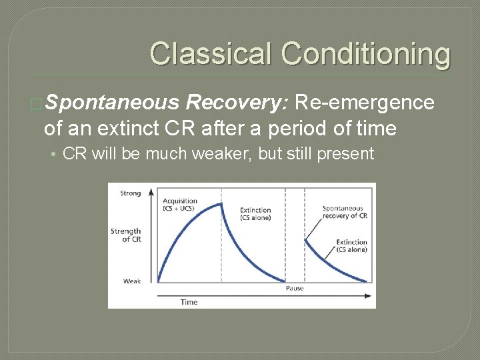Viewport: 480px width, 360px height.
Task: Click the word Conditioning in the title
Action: [x=365, y=53]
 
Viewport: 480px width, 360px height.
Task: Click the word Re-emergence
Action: [x=364, y=103]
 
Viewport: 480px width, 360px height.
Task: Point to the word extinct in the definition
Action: [x=136, y=128]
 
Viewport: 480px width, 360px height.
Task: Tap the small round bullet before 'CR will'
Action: [x=53, y=154]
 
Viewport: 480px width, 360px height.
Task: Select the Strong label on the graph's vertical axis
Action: [x=131, y=193]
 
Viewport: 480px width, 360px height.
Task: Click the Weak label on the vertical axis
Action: [x=132, y=281]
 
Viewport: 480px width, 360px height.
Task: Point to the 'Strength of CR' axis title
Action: [x=126, y=235]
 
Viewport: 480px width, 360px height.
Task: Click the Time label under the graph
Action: [x=189, y=302]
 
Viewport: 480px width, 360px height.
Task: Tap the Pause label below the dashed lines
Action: [x=295, y=289]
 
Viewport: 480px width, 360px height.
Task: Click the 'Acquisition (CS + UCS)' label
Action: [x=180, y=205]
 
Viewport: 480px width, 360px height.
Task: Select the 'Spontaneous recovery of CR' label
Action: [x=345, y=212]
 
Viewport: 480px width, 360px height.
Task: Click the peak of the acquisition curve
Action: [x=221, y=204]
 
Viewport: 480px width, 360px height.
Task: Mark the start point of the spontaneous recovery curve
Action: [x=305, y=239]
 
